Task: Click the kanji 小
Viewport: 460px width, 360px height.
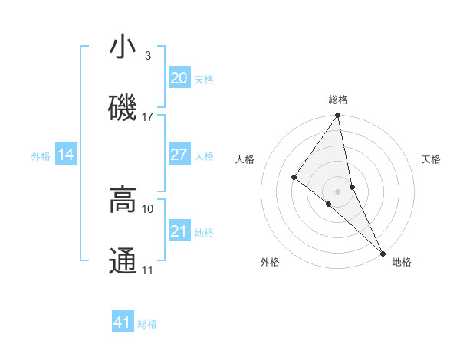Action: tap(123, 48)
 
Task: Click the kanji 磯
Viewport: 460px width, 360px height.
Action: tap(123, 107)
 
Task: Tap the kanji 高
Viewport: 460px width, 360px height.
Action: tap(123, 200)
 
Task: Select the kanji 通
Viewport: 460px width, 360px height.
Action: tap(123, 260)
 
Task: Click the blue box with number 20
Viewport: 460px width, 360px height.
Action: tap(179, 78)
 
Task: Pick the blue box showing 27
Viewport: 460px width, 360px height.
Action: tap(179, 155)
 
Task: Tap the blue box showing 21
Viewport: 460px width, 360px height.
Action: tap(179, 231)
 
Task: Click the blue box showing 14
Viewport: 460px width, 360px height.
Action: tap(66, 155)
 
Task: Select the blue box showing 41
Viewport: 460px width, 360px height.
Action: tap(123, 322)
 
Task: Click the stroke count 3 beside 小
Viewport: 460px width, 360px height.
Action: tap(147, 56)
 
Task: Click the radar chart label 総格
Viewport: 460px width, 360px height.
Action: tap(338, 100)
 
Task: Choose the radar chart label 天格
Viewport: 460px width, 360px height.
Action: tap(432, 159)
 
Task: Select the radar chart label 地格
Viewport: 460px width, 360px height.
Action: tap(402, 262)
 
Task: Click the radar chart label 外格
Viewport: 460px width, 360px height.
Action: tap(270, 262)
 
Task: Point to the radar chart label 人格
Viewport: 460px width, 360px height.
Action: tap(245, 159)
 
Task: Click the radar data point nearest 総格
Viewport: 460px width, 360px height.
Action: tap(338, 116)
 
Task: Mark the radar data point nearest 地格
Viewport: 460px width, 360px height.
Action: tap(382, 252)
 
